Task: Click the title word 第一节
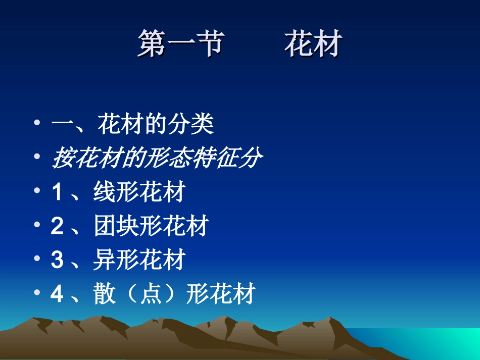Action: click(x=180, y=44)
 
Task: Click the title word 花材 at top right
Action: click(x=313, y=44)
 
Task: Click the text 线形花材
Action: click(x=139, y=192)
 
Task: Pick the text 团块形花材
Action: click(x=151, y=226)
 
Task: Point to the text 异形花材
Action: click(x=139, y=260)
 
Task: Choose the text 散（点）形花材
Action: click(x=174, y=294)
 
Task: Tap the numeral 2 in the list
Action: click(x=57, y=227)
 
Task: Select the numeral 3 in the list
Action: click(x=57, y=261)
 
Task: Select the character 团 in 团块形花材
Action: click(x=105, y=226)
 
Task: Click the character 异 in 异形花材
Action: click(x=105, y=260)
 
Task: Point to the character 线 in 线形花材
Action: click(x=105, y=192)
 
